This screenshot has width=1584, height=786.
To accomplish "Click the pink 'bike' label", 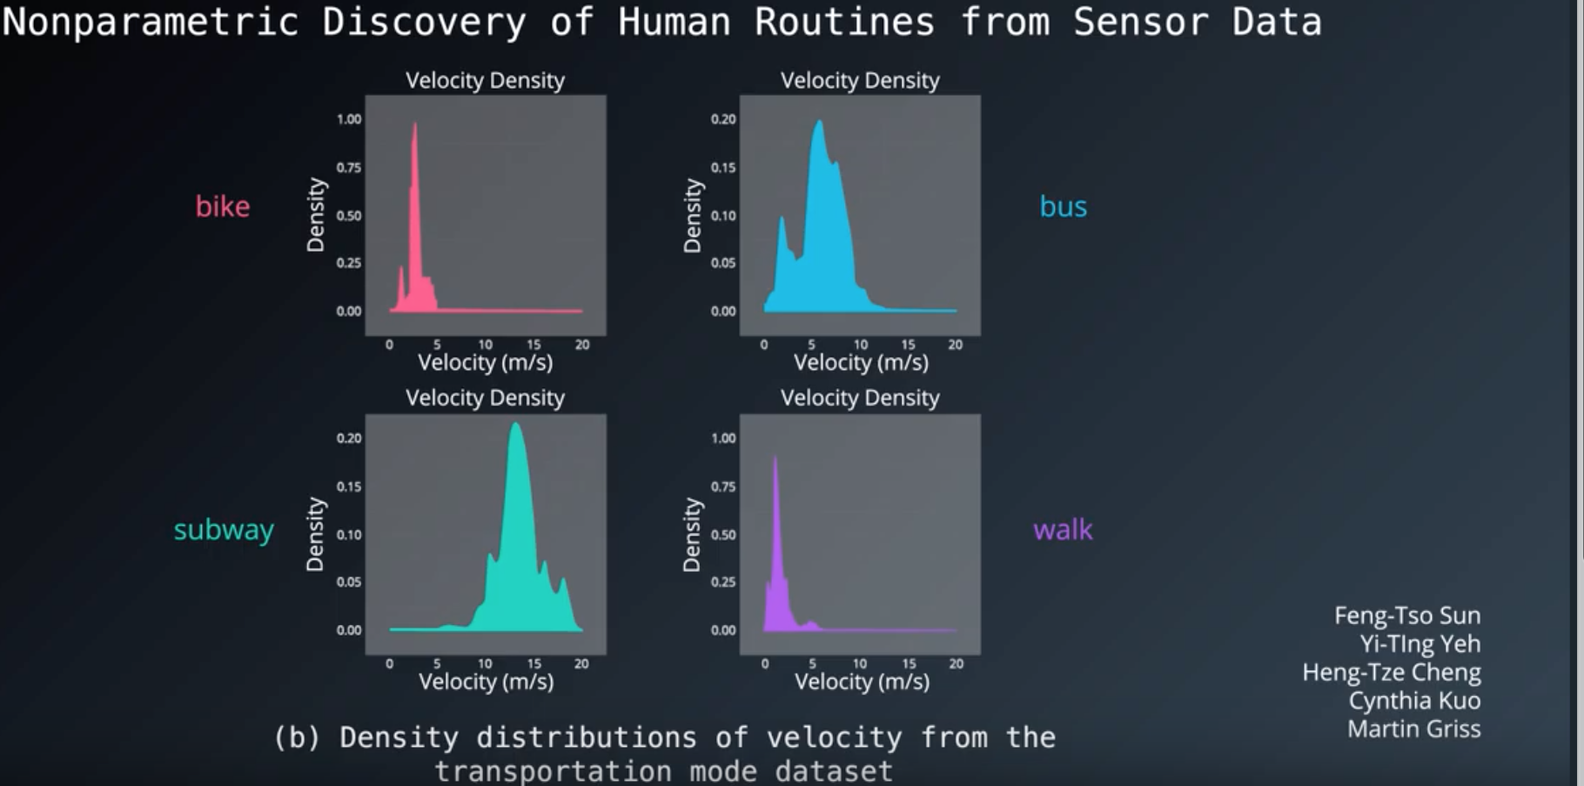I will point(222,206).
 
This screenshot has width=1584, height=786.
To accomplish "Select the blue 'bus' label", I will point(1063,206).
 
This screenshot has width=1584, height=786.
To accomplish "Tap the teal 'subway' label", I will point(224,529).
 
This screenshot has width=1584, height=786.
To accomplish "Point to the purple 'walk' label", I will point(1062,529).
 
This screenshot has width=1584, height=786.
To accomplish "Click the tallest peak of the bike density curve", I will point(414,124).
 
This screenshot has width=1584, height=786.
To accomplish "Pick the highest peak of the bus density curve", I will point(819,122).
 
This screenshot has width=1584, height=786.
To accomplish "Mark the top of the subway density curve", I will point(515,425).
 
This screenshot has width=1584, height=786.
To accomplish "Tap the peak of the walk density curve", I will point(775,458).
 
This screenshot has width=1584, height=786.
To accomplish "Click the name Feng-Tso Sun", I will point(1406,615).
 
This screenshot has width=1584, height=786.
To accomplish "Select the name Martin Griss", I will point(1413,729).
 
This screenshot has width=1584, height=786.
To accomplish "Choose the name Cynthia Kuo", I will point(1414,701).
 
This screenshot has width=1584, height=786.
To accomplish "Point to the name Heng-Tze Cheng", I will point(1391,672).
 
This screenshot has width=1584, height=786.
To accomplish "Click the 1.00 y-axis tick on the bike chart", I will point(349,119).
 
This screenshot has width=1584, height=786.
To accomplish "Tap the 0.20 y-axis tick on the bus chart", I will point(723,119).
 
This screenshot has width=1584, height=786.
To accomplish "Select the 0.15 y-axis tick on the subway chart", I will point(349,487).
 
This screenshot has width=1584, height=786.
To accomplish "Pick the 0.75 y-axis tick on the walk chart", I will point(723,487).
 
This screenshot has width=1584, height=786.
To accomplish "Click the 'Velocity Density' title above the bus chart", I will point(860,80).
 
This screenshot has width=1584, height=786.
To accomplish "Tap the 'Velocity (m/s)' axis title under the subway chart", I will point(486,682).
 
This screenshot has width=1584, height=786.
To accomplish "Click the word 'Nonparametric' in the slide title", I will point(151,22).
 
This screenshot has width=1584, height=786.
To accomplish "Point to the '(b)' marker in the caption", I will point(297,737).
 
